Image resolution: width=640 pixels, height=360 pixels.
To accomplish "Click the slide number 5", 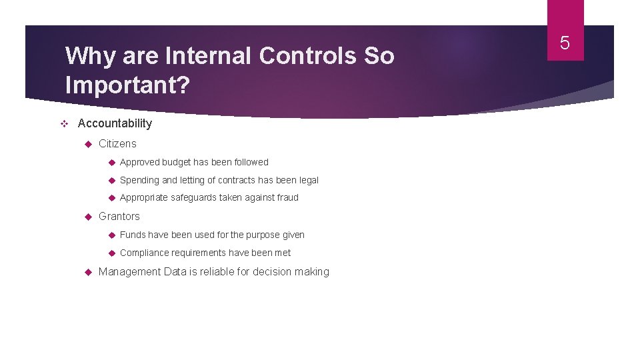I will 565,43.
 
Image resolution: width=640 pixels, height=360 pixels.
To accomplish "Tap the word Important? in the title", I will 126,85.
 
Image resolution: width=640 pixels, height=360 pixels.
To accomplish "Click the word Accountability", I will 115,123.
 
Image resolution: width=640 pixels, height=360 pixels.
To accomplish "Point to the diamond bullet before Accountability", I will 65,123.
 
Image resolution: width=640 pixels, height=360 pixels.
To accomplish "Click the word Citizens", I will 117,143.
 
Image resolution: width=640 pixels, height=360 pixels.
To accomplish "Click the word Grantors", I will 119,216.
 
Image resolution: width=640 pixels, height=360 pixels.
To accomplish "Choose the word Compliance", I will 144,253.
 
